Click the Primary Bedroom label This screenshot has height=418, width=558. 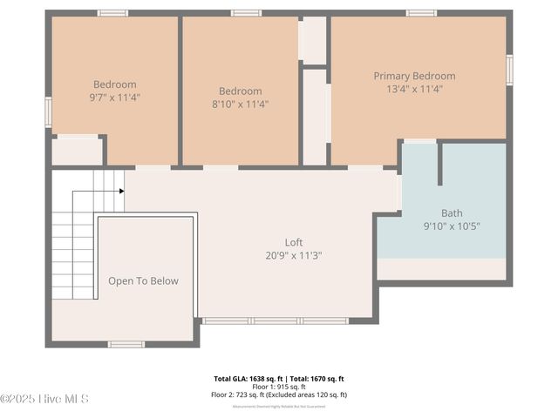pos(414,77)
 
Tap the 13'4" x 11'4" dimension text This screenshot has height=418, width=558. pos(414,89)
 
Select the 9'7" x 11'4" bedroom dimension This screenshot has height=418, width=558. pos(114,98)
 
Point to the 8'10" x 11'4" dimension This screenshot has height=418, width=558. pos(240,104)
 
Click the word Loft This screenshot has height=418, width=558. pos(294,243)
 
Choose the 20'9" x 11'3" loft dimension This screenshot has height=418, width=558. pos(294,255)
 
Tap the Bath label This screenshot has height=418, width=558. pos(452,213)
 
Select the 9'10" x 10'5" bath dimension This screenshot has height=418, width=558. pos(452,226)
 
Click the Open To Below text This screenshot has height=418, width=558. pos(143,281)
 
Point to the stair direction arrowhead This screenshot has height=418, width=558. pos(121,191)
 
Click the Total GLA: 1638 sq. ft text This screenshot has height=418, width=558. pos(250,379)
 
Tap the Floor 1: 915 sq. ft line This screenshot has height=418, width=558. pos(279,387)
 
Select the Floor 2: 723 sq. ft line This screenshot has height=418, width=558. pos(279,394)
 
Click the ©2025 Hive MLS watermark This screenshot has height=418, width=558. pos(44,399)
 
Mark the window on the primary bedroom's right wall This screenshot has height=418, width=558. pos(510,69)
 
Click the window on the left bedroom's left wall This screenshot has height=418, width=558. pos(48,111)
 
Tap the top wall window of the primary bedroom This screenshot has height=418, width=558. pos(421,13)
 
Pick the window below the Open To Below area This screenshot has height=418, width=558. pos(126,344)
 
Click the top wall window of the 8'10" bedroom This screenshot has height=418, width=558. pos(246,13)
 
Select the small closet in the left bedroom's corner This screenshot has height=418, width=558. pos(77,151)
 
